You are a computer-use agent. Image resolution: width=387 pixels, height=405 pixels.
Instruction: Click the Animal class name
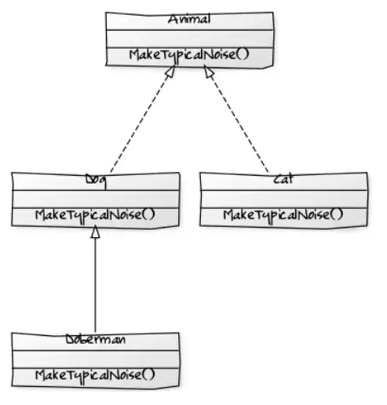(189, 20)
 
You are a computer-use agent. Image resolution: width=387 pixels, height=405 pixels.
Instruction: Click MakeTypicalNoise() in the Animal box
(189, 56)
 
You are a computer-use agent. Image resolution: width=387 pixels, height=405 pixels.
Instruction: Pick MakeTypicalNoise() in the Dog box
(95, 215)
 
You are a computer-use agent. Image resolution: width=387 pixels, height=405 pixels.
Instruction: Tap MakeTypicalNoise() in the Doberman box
(94, 375)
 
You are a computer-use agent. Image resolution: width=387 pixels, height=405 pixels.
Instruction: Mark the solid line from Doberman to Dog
(95, 283)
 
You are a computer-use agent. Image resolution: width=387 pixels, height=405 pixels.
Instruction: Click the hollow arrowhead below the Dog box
(95, 232)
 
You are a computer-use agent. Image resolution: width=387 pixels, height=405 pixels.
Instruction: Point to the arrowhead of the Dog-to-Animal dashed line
(167, 73)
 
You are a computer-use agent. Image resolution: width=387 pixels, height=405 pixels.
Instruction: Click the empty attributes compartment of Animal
(189, 38)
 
